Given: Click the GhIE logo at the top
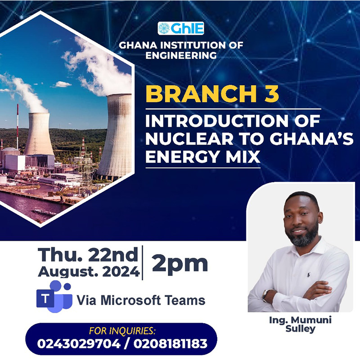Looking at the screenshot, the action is pos(181,28).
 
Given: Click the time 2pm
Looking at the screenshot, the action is pos(180,264).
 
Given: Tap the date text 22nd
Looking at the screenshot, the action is pos(113,255).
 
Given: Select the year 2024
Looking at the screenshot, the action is pos(121,272).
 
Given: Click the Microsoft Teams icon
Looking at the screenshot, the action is pos(54,297).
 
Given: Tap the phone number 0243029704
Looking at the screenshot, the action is pos(79,344).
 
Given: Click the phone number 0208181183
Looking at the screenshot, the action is pos(171,344).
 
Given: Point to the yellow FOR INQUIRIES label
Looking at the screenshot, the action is pos(122,331).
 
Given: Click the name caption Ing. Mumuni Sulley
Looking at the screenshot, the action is pos(300,324).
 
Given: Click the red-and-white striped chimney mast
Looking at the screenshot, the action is pos(18,126).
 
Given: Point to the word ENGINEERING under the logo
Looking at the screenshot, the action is pos(181,55).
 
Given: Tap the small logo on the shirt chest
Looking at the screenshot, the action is pos(308,274).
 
